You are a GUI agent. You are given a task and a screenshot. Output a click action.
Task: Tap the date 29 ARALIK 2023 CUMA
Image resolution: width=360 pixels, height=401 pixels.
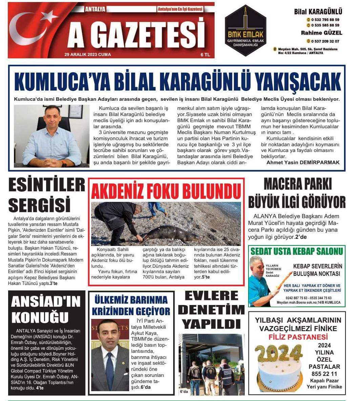point(87,54)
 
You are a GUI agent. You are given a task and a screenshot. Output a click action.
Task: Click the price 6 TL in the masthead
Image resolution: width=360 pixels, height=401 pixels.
point(205,54)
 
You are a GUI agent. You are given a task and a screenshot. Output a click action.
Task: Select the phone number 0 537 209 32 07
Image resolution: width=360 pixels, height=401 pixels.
point(325,41)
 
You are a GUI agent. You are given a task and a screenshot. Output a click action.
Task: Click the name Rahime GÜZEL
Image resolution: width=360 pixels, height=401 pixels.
point(321,33)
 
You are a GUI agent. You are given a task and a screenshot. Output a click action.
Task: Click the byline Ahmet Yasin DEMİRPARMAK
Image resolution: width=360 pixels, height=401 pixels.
point(303,163)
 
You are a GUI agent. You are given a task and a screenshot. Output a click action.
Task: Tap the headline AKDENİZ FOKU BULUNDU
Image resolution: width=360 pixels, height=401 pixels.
point(166,191)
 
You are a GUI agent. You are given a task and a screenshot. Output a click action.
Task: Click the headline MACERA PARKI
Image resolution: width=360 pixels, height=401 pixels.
point(297,184)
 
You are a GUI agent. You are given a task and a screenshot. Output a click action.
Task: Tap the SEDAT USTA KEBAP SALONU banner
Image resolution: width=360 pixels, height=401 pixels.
point(297,251)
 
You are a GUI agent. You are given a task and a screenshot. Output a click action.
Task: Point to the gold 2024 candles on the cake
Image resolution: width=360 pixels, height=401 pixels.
point(278,353)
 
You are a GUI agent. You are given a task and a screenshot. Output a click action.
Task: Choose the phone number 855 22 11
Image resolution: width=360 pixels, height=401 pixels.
point(324,374)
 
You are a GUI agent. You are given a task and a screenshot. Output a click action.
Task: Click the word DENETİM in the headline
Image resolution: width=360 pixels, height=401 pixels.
point(211,309)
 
